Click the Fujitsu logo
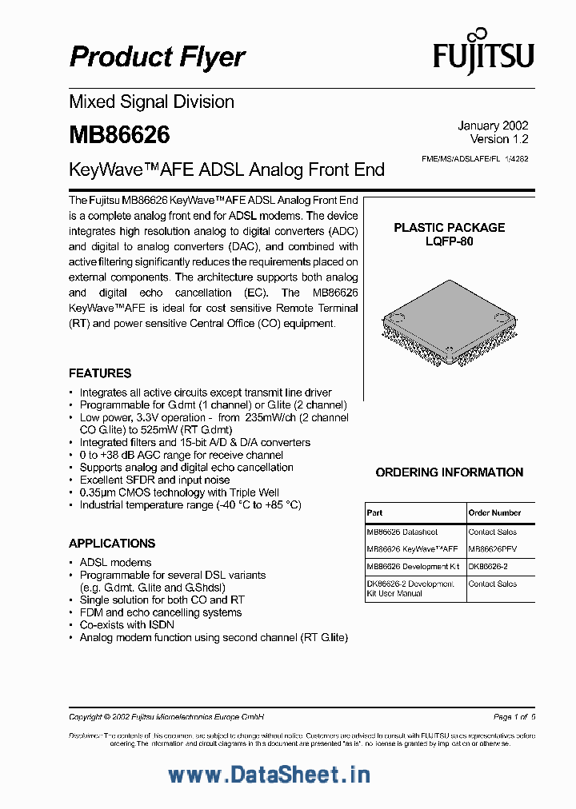click(483, 54)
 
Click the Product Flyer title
click(158, 57)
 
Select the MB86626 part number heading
click(119, 134)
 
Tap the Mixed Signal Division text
click(151, 102)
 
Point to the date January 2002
click(493, 126)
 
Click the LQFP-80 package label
click(449, 241)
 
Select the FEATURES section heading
click(100, 373)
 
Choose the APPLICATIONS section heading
click(112, 544)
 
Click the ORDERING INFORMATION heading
click(450, 472)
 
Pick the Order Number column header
click(494, 512)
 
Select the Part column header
click(374, 512)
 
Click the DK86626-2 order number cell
click(488, 566)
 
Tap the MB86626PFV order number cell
click(494, 549)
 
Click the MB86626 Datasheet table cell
click(402, 532)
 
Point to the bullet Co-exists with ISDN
click(126, 625)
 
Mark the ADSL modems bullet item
click(115, 563)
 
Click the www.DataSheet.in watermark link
click(269, 775)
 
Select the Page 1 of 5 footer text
click(514, 716)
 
